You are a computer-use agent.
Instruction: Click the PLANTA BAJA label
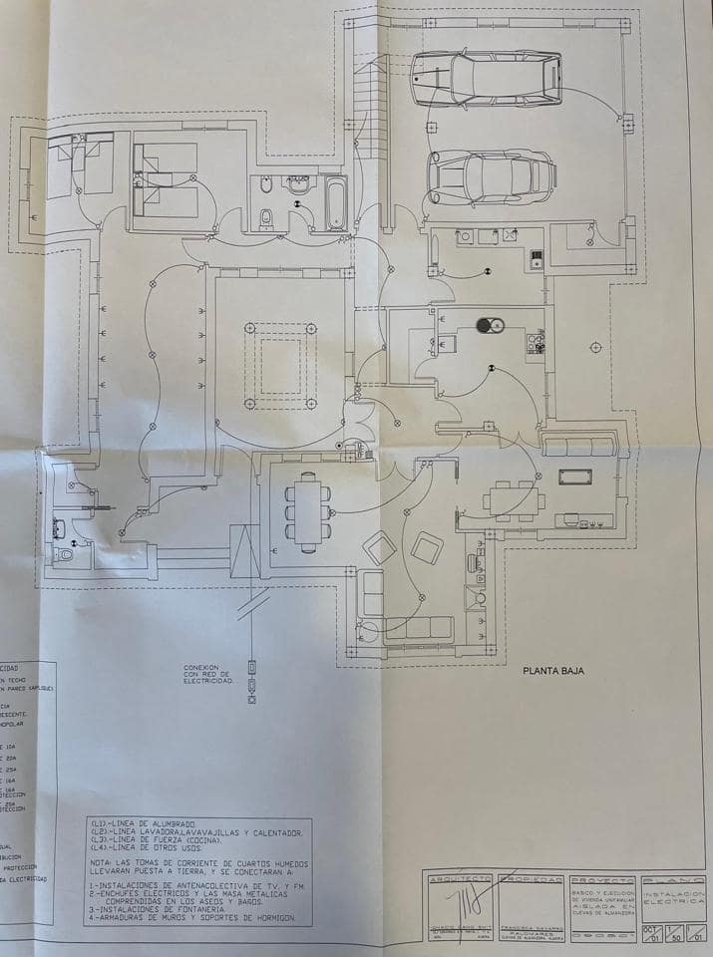click(x=553, y=671)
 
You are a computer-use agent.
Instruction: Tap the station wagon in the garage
click(x=487, y=79)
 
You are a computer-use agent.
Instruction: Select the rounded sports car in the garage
click(x=491, y=175)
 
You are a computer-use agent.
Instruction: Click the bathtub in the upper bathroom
click(x=336, y=203)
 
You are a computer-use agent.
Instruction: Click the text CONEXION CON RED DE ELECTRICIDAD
click(x=207, y=674)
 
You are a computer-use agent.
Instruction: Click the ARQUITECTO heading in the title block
click(x=460, y=881)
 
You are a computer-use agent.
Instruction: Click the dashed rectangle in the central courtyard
click(x=280, y=366)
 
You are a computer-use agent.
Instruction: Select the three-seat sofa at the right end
click(x=579, y=446)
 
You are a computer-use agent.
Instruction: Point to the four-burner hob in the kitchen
click(x=535, y=343)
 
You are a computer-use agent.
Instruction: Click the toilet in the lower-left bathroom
click(x=65, y=551)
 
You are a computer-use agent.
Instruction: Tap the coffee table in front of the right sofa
click(x=574, y=477)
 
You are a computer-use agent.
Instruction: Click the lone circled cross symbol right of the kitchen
click(x=595, y=347)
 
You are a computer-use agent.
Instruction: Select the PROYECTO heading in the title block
click(x=602, y=881)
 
